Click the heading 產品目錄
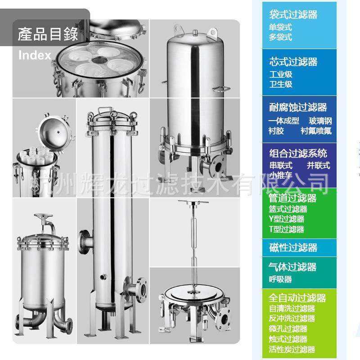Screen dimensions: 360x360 point(48,34)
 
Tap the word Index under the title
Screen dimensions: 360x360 point(35,55)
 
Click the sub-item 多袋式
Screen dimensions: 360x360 point(280,37)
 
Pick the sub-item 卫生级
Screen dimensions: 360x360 point(281,84)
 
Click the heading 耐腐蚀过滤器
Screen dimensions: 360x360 point(297,108)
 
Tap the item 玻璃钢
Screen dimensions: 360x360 point(320,121)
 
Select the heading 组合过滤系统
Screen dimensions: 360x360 point(297,153)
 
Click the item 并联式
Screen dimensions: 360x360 point(318,165)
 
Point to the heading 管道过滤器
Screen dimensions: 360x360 point(292,198)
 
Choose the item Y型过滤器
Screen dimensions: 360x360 point(286,219)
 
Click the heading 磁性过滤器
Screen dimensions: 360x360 point(293,248)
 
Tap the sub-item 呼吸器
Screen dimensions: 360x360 point(280,279)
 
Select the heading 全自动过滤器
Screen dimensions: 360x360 point(297,298)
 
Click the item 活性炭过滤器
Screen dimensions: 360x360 point(292,349)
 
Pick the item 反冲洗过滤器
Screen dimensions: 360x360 point(292,319)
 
